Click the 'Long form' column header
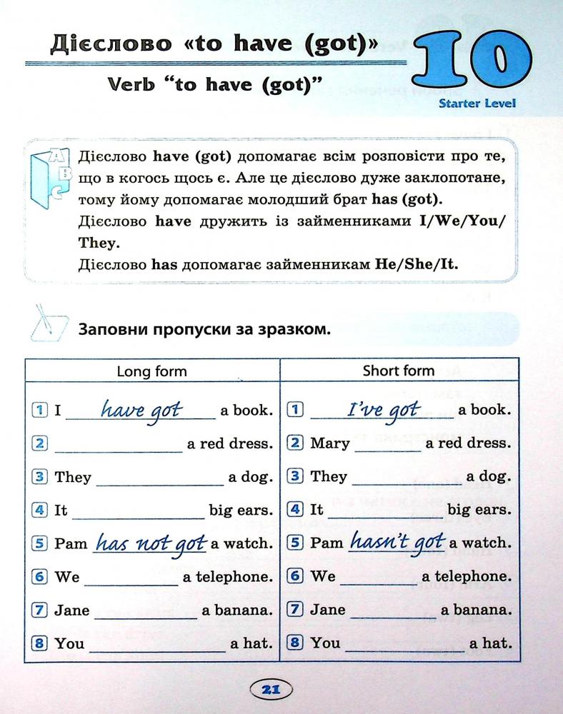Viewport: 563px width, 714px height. coord(151,371)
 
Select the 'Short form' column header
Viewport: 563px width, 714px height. coord(398,371)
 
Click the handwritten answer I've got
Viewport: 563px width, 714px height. coord(383,410)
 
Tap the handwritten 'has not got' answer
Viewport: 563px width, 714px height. coord(150,543)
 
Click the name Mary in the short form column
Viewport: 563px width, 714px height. coord(330,443)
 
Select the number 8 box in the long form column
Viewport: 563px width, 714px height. coord(40,643)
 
